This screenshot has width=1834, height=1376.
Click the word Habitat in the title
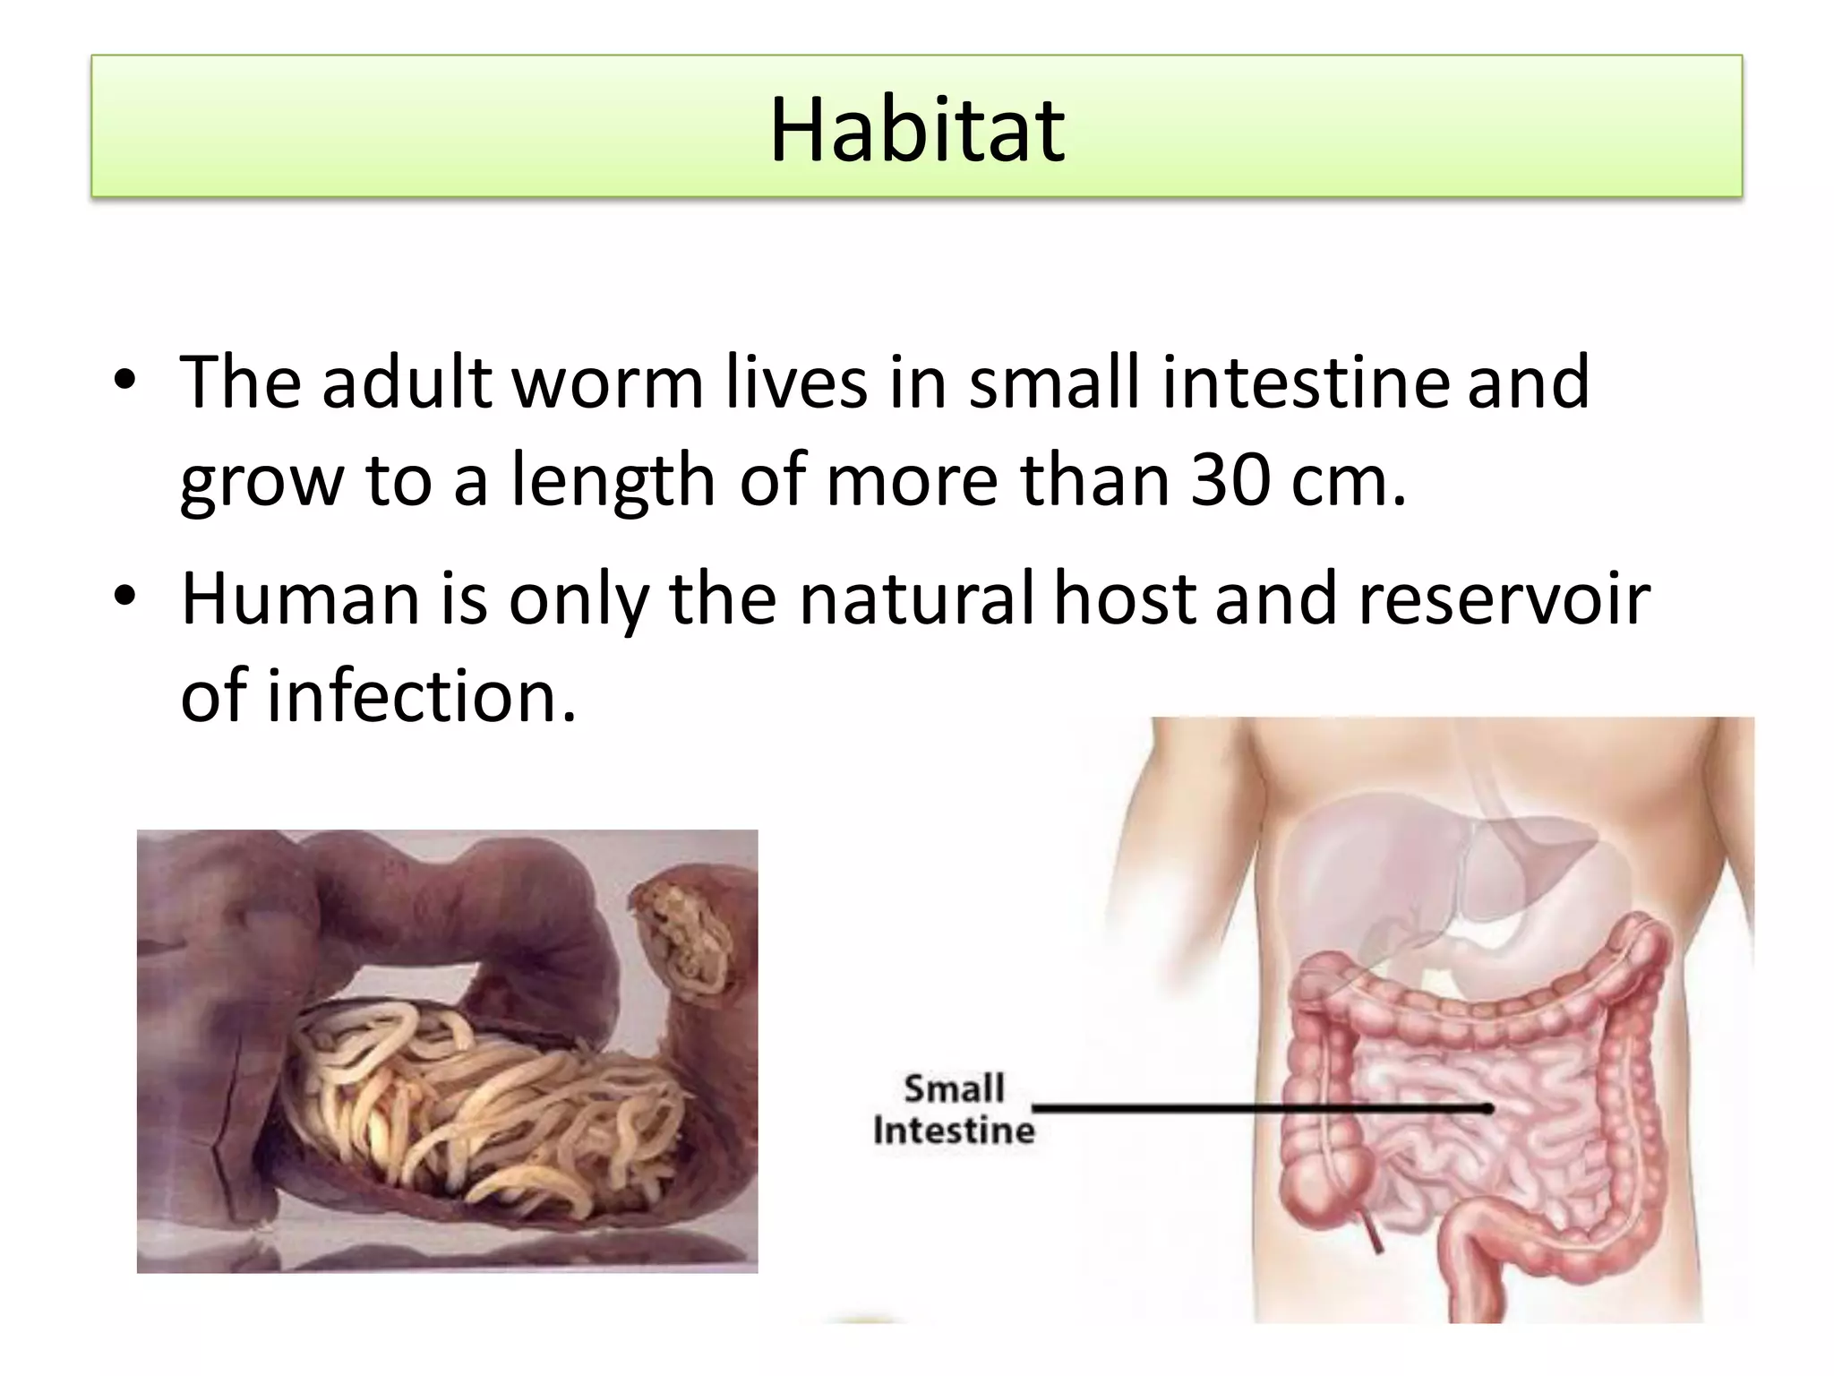[x=917, y=131]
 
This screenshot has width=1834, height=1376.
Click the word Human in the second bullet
[x=301, y=598]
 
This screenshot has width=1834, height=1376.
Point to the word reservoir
[x=1504, y=598]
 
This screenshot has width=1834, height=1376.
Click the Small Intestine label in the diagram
[x=954, y=1110]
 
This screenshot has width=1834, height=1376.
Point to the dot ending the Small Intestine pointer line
[x=1487, y=1109]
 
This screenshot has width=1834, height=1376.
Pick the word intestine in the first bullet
[x=1305, y=383]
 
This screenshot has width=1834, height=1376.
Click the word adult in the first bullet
[x=407, y=383]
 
